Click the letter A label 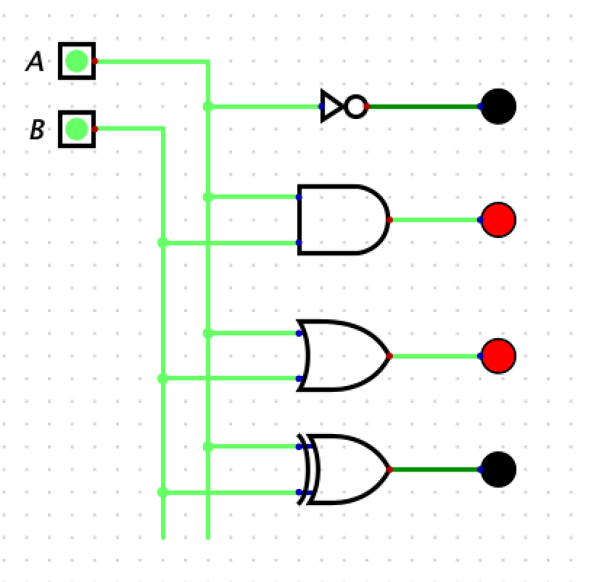tap(35, 62)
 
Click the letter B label tap(37, 130)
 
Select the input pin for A tap(76, 62)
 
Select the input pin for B tap(76, 129)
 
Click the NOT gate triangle tap(331, 107)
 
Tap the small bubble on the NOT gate tap(355, 107)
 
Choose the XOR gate tap(347, 470)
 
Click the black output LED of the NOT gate tap(498, 107)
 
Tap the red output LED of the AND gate tap(498, 219)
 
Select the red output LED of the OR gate tap(498, 356)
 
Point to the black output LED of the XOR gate tap(498, 470)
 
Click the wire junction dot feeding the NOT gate tap(208, 107)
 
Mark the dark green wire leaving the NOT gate tap(424, 107)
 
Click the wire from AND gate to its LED tap(435, 219)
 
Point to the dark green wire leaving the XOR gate tap(435, 470)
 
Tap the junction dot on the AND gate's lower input tap(162, 242)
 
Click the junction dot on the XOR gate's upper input tap(208, 447)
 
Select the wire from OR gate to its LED tap(435, 356)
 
